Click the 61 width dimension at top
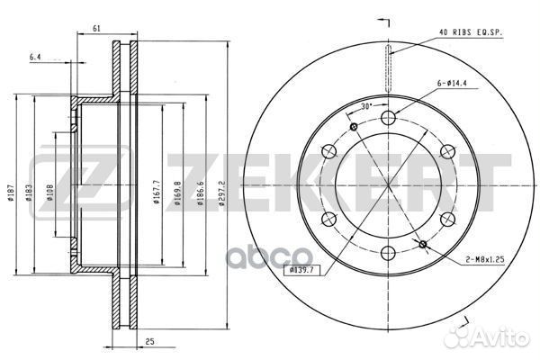[x=95, y=28]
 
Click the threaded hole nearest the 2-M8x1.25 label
[x=423, y=244]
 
